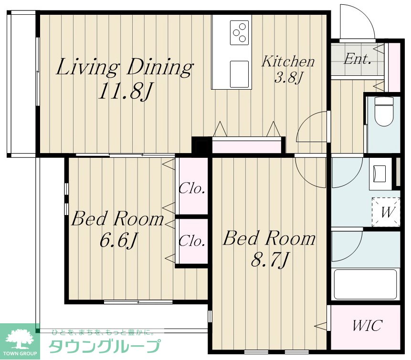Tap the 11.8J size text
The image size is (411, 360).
tap(125, 91)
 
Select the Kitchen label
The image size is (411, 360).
tap(288, 61)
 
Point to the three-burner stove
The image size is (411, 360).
tap(239, 32)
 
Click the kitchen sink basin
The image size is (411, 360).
tap(239, 74)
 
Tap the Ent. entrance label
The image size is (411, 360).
tap(358, 59)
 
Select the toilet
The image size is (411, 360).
tap(384, 112)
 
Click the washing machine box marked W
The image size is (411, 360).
tap(386, 212)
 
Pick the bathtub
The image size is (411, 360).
tap(365, 284)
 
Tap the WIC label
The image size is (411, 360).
tap(367, 326)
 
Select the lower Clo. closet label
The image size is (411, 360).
tap(191, 240)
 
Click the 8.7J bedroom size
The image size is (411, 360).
tap(270, 260)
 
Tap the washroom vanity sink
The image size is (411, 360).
tap(380, 174)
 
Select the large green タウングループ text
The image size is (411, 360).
tap(105, 346)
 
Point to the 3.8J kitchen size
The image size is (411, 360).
tap(289, 78)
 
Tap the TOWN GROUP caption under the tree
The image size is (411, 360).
tap(20, 353)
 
